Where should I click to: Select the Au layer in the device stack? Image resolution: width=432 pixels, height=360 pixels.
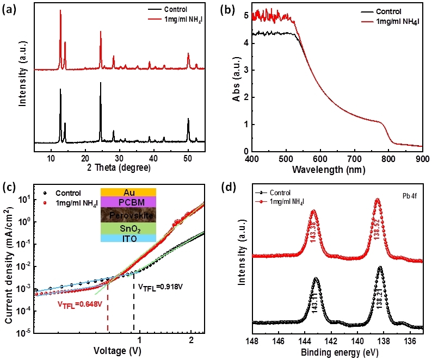click(x=128, y=193)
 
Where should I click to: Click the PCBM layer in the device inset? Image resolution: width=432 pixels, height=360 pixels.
click(x=128, y=202)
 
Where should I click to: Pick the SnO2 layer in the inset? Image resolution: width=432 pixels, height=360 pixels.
click(x=128, y=228)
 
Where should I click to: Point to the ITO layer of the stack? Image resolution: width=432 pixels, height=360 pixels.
click(x=128, y=238)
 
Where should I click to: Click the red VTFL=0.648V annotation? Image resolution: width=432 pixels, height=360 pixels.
click(x=80, y=305)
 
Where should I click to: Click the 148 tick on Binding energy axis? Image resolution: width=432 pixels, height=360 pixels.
click(x=252, y=341)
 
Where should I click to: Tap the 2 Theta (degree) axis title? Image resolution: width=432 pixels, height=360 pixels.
click(x=119, y=167)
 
